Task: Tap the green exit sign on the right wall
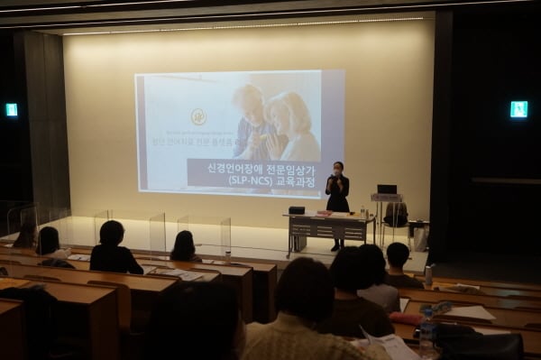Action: (x=518, y=109)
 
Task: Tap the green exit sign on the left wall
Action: (x=12, y=110)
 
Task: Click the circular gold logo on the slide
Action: (x=198, y=116)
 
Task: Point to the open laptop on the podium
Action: (x=387, y=189)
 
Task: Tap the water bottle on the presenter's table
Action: (x=362, y=212)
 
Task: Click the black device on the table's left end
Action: (x=296, y=210)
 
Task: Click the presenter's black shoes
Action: (x=335, y=247)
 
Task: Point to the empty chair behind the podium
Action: (x=396, y=215)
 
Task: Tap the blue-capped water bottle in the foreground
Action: (x=426, y=329)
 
